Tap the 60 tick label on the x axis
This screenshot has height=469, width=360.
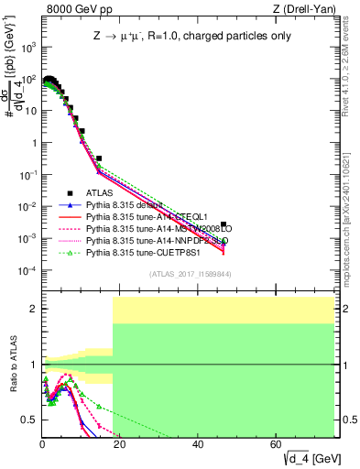pyautogui.click(x=277, y=444)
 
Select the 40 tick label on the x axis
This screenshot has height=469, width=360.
pyautogui.click(x=199, y=444)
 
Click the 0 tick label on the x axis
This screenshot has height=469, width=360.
pyautogui.click(x=42, y=444)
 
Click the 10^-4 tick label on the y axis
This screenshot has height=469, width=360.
pyautogui.click(x=28, y=271)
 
